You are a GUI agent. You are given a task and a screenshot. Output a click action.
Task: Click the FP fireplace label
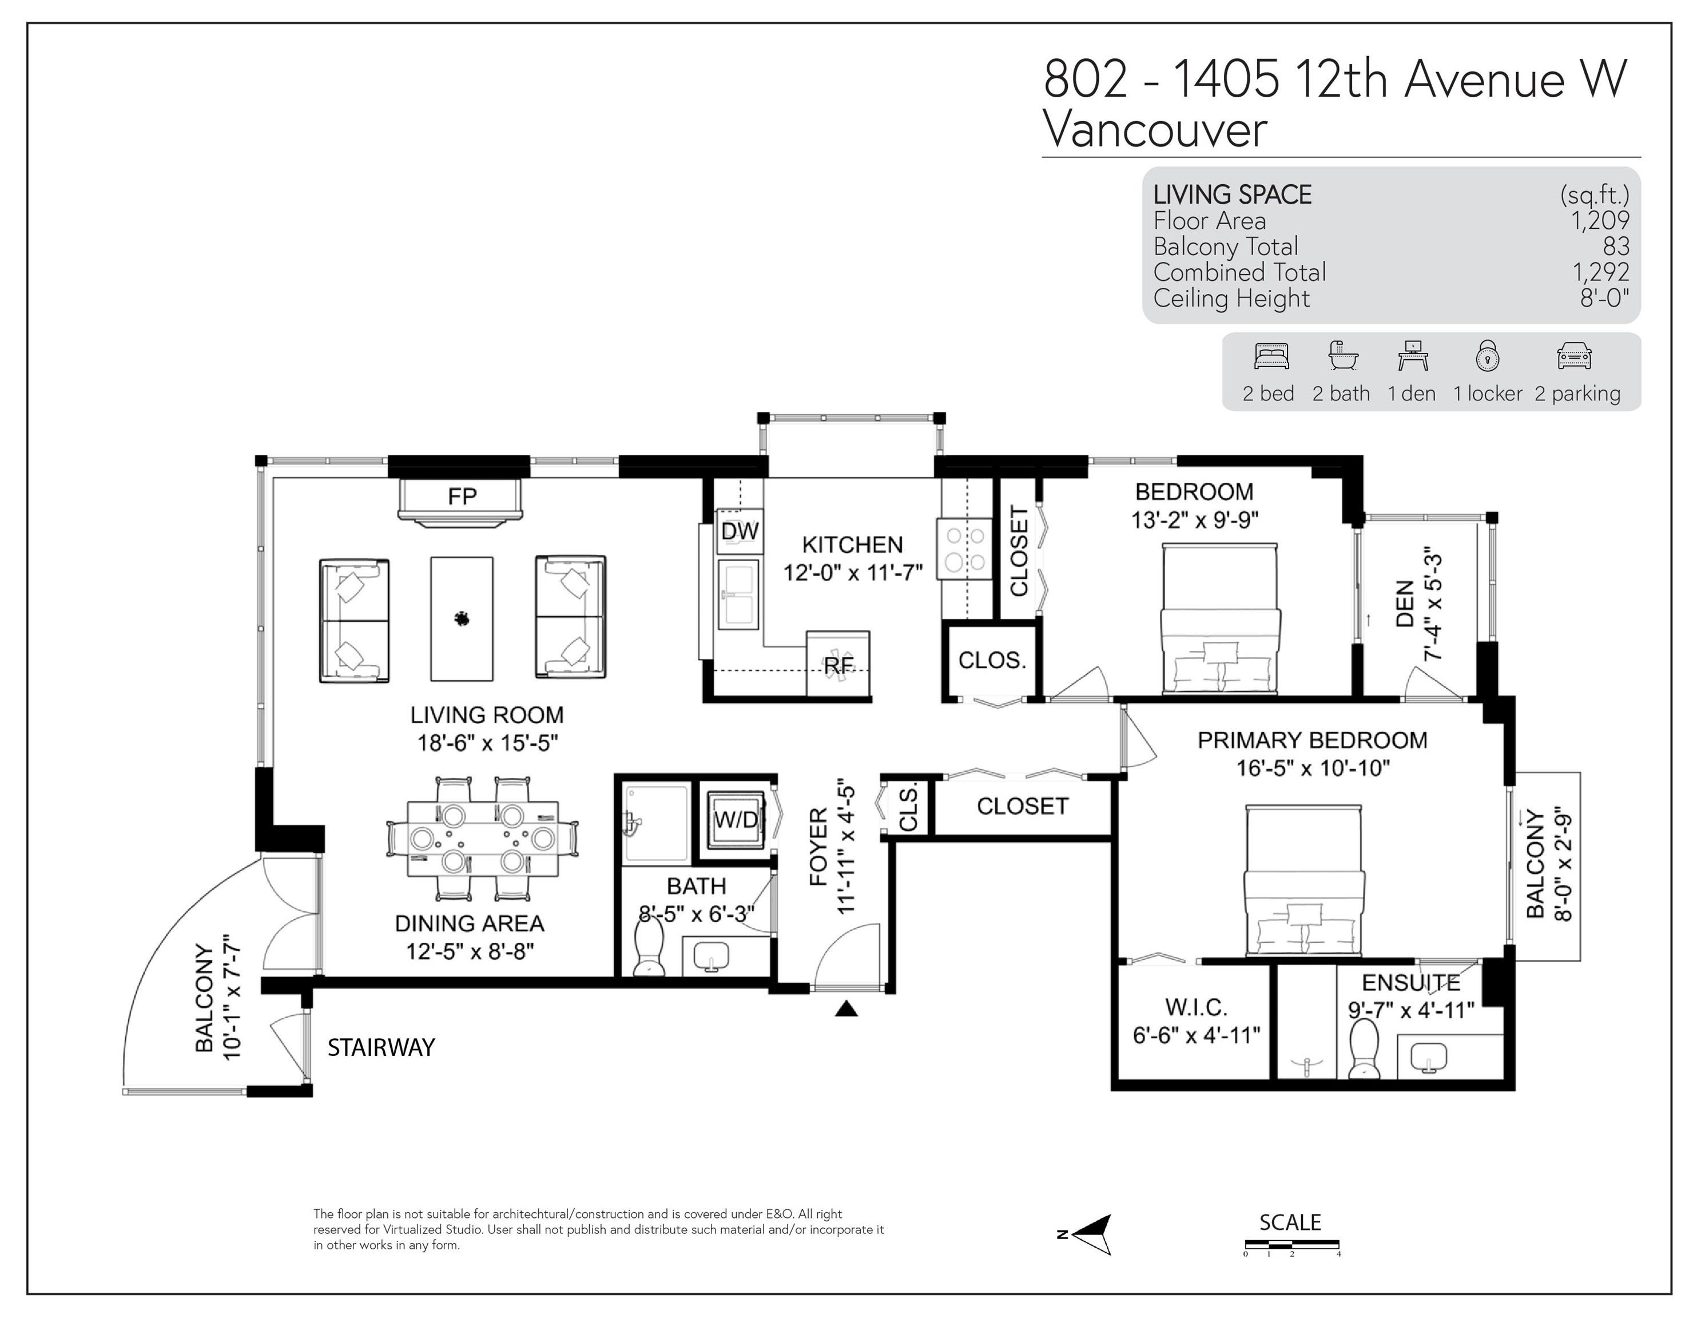point(462,497)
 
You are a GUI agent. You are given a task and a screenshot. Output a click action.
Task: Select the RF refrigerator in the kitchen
point(838,663)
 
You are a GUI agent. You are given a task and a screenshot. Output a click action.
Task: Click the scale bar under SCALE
point(1291,1244)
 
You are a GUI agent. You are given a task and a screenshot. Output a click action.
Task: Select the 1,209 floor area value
point(1600,221)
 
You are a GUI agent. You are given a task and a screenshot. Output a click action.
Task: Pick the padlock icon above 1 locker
point(1487,355)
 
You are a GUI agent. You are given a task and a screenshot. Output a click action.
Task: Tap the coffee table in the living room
point(462,618)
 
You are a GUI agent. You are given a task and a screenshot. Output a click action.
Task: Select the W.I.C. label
point(1196,1007)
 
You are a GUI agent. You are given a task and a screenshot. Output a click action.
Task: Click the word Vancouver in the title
point(1155,130)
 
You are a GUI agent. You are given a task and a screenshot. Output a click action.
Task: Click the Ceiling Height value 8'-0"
point(1605,298)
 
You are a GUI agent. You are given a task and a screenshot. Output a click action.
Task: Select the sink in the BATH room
point(710,956)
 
